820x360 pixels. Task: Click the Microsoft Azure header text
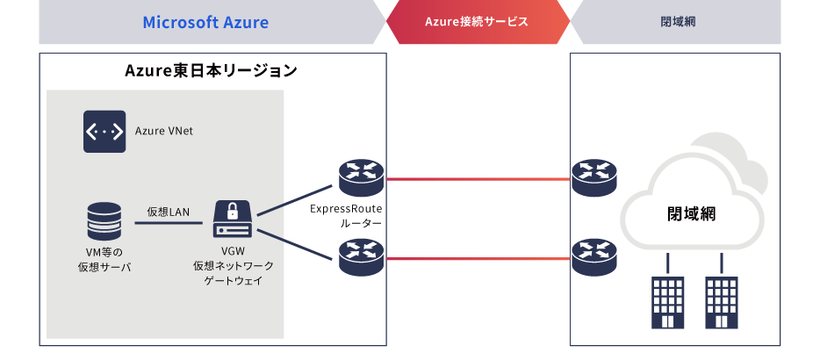pyautogui.click(x=205, y=23)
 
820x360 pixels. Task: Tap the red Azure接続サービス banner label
pyautogui.click(x=477, y=22)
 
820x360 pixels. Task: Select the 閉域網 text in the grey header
pyautogui.click(x=678, y=22)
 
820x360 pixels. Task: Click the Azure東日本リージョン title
pyautogui.click(x=211, y=70)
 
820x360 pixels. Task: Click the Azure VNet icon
pyautogui.click(x=104, y=132)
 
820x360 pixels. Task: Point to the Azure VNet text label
pyautogui.click(x=164, y=132)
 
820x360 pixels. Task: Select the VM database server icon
pyautogui.click(x=104, y=222)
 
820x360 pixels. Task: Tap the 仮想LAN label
pyautogui.click(x=168, y=212)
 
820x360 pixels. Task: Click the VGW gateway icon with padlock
pyautogui.click(x=233, y=220)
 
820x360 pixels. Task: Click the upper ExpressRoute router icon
pyautogui.click(x=362, y=177)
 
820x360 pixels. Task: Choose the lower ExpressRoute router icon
pyautogui.click(x=362, y=257)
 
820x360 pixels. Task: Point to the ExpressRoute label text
pyautogui.click(x=346, y=209)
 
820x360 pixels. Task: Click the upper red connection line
pyautogui.click(x=478, y=179)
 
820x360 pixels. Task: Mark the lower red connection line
pyautogui.click(x=478, y=258)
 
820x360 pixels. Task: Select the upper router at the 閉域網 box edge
pyautogui.click(x=594, y=177)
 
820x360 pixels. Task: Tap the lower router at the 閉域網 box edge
pyautogui.click(x=594, y=257)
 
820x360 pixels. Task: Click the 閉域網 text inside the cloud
pyautogui.click(x=691, y=214)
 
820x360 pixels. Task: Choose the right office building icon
pyautogui.click(x=722, y=302)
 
